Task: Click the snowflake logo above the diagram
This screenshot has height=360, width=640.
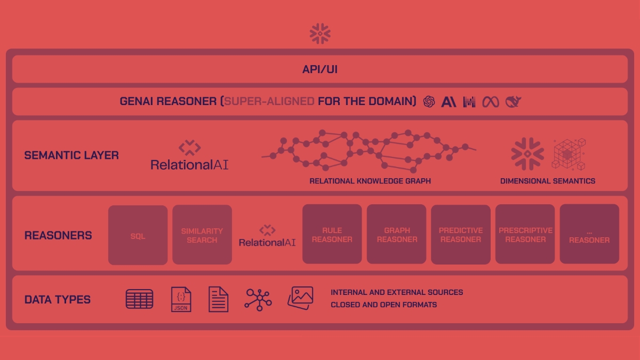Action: click(x=320, y=33)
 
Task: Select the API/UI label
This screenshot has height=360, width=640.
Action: click(x=320, y=69)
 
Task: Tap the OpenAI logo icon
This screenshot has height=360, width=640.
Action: click(x=429, y=101)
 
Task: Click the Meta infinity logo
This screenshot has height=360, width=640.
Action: click(x=491, y=101)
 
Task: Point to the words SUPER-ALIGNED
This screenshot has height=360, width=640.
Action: click(x=269, y=101)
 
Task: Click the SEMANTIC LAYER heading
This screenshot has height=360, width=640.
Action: click(x=71, y=155)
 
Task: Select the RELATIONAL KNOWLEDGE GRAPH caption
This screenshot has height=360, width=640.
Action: click(x=370, y=181)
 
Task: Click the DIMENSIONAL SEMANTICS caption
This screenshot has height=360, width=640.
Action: click(x=548, y=181)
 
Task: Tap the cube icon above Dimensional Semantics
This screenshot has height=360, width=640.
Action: click(x=569, y=154)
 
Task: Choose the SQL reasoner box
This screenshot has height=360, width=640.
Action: click(x=138, y=235)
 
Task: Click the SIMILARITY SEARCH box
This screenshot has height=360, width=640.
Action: click(x=202, y=235)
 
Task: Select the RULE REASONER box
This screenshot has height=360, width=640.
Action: click(x=332, y=235)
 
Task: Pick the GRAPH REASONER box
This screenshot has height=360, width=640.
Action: click(x=397, y=235)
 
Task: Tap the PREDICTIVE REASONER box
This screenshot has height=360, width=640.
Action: click(x=461, y=235)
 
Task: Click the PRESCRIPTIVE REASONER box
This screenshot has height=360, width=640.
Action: click(x=525, y=235)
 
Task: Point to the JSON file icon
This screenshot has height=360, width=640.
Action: click(x=181, y=299)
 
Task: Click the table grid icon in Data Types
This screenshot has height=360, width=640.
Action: click(x=139, y=299)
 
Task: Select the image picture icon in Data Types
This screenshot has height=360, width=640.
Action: click(x=300, y=298)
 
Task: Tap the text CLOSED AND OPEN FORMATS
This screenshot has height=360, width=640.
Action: click(x=383, y=305)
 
